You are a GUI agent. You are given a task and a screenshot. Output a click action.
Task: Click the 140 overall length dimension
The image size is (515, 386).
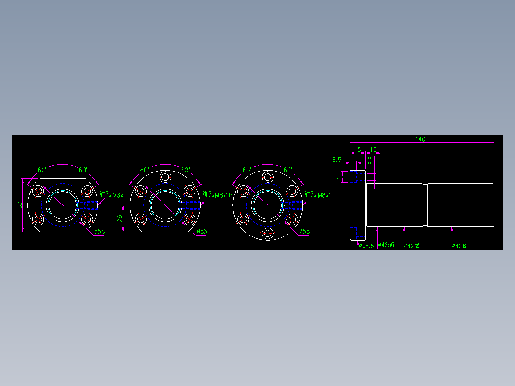point(420,139)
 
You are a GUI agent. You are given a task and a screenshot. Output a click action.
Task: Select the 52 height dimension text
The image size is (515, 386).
point(20,204)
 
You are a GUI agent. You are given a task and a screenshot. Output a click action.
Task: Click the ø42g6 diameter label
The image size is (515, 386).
point(386,245)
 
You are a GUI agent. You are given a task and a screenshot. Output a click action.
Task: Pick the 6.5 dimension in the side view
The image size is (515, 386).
point(336,160)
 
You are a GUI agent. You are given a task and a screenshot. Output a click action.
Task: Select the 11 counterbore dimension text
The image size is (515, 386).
point(340,176)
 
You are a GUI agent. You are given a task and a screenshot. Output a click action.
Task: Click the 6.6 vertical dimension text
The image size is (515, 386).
point(371,161)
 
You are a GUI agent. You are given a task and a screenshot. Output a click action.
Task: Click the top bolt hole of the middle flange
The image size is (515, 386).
point(165,177)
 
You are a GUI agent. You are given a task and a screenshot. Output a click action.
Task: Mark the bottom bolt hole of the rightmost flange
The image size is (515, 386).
point(268,234)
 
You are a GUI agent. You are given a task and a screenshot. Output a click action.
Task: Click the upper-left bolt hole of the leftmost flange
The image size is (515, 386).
point(39,191)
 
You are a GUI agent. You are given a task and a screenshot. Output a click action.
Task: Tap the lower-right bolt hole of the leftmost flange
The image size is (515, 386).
point(86,219)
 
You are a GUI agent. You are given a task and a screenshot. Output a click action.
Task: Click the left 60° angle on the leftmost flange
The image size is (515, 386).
point(42,170)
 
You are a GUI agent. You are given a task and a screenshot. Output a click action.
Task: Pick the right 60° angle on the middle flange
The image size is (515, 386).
point(185,170)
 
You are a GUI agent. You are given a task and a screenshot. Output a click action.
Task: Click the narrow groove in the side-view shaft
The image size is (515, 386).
point(425,205)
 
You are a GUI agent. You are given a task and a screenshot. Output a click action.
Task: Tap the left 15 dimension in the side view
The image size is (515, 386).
point(358,150)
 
